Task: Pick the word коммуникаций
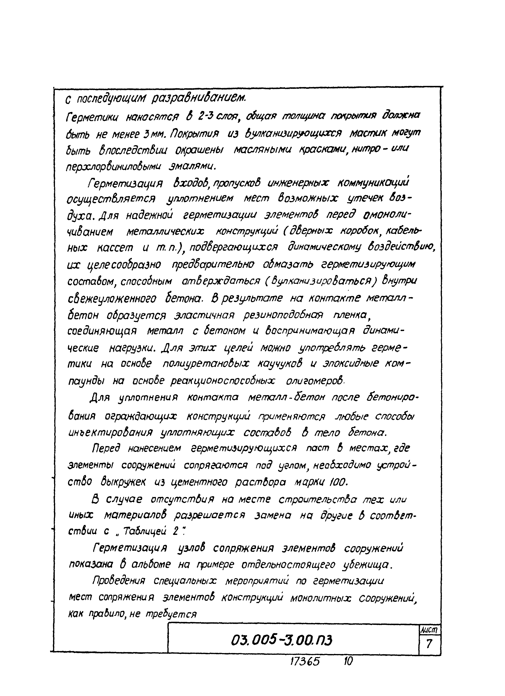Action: tap(373, 183)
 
